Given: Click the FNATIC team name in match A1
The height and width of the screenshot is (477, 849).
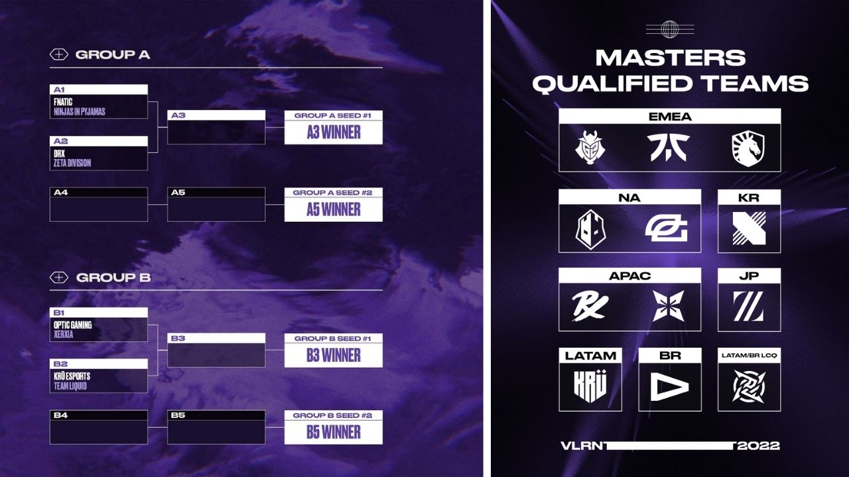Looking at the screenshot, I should (x=63, y=103).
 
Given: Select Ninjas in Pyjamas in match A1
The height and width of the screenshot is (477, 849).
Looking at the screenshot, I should (x=79, y=112).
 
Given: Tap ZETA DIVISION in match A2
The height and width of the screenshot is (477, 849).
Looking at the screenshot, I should (x=72, y=163).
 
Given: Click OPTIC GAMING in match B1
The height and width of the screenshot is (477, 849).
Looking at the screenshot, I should (x=73, y=325).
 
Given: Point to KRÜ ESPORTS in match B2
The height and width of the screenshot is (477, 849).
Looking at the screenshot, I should (x=72, y=376).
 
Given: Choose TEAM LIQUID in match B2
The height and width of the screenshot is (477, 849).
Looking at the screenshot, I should (x=70, y=386).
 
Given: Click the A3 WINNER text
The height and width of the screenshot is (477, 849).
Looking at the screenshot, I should (x=334, y=132).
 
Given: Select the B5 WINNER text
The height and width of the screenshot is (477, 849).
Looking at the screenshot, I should (x=334, y=433).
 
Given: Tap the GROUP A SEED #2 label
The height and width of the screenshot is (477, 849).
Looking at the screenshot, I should (x=334, y=193).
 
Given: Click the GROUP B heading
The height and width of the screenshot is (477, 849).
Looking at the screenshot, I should (x=113, y=278).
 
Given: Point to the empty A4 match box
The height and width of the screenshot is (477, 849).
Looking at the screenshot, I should (x=99, y=209).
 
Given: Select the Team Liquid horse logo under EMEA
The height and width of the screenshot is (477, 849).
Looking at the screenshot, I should (x=748, y=147).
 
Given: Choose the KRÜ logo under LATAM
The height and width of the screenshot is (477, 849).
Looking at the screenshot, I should (x=590, y=386).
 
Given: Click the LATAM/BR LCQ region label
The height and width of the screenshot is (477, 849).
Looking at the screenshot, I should (x=749, y=356).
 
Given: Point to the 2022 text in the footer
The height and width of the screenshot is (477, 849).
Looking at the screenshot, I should (x=758, y=445).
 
